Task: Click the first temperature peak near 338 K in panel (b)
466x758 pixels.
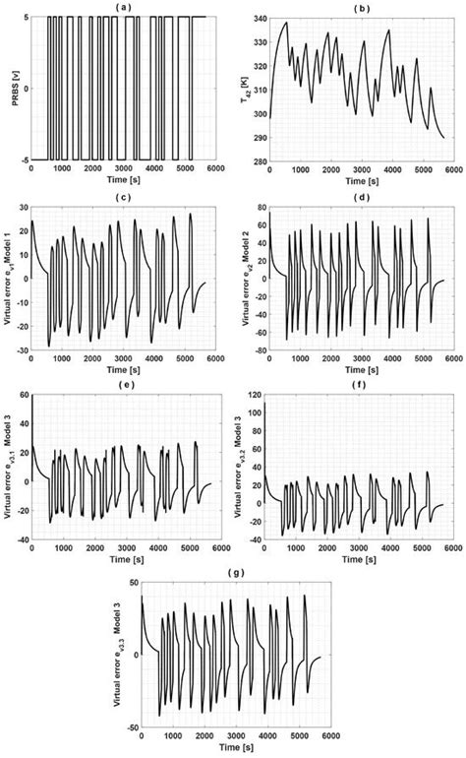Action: coord(286,23)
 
